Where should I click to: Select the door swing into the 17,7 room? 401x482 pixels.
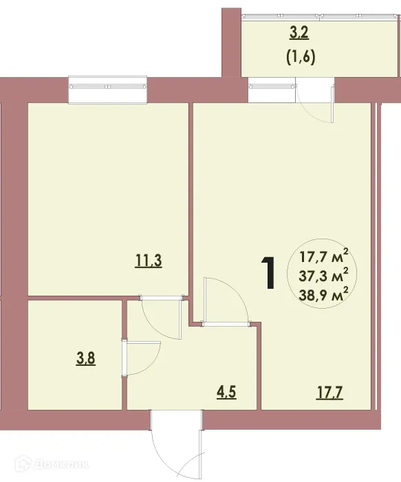point(224,299)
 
